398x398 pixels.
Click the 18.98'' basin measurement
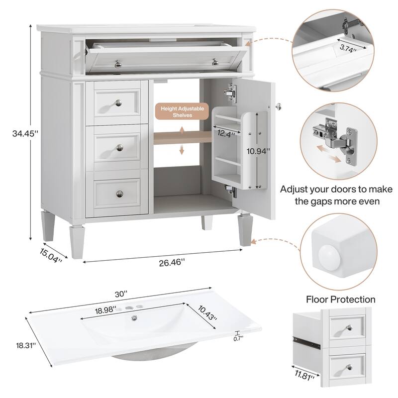(x=105, y=309)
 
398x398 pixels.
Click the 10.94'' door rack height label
(x=260, y=151)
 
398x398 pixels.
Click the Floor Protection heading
(x=340, y=299)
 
